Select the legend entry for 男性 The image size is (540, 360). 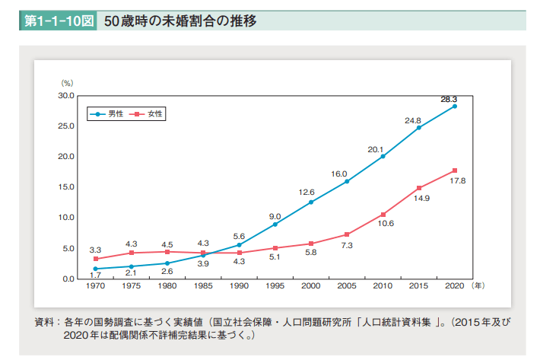tap(109, 113)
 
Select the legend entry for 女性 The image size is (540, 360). tap(148, 113)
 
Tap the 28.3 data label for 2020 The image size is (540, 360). tap(449, 99)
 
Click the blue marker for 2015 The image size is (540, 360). tap(418, 127)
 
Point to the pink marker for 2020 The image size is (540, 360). tap(455, 170)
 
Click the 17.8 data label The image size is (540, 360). tap(458, 180)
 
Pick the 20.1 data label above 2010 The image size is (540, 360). tap(375, 150)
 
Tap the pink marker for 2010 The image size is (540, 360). tap(383, 215)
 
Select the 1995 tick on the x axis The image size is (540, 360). tap(275, 286)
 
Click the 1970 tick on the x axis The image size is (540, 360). tap(95, 286)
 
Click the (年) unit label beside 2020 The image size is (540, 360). tap(477, 286)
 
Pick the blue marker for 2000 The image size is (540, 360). tap(311, 202)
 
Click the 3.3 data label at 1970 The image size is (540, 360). tap(95, 250)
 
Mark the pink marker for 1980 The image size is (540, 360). tap(167, 252)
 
